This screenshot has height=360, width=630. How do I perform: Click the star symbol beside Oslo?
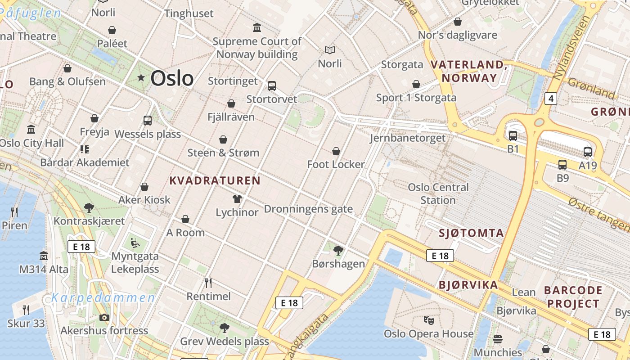(141, 78)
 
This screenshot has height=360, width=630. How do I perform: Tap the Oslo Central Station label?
(438, 193)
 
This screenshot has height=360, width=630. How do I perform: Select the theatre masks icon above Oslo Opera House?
(429, 320)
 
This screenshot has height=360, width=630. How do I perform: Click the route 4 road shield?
(550, 98)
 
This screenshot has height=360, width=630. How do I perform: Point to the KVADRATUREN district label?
(215, 180)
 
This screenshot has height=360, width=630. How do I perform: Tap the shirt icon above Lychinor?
(237, 199)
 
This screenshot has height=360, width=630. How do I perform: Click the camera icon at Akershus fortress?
(104, 317)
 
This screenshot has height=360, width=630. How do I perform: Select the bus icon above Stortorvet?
(271, 85)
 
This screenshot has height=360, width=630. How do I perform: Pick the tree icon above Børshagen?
(338, 250)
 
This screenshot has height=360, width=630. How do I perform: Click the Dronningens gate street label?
(308, 209)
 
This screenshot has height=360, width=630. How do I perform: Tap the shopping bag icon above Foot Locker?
(336, 151)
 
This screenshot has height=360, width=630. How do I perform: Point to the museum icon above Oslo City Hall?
(31, 130)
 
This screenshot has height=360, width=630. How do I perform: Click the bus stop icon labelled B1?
(513, 135)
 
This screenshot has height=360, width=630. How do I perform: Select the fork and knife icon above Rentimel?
(208, 283)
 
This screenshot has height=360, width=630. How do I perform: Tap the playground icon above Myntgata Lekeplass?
(135, 243)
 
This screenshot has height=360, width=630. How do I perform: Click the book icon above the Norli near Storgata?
(330, 50)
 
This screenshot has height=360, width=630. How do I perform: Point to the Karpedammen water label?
(103, 297)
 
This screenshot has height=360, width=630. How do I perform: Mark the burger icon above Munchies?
(497, 339)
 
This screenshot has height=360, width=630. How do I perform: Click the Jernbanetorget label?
(408, 138)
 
